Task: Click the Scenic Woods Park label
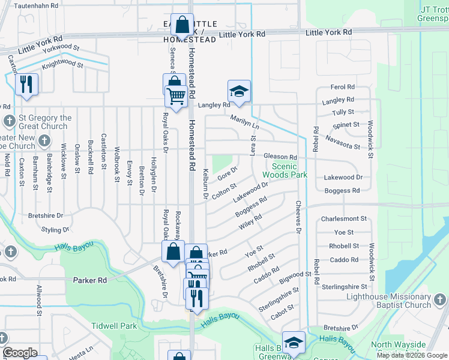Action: click(x=289, y=170)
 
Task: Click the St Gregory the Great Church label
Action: click(x=45, y=122)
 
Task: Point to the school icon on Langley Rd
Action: click(x=239, y=92)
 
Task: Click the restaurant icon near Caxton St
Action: click(x=26, y=85)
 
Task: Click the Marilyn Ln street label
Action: click(x=244, y=122)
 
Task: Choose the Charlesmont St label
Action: click(x=344, y=219)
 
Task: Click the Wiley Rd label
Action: click(x=250, y=221)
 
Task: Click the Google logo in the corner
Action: click(x=20, y=353)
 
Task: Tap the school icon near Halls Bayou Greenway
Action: click(x=294, y=343)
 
